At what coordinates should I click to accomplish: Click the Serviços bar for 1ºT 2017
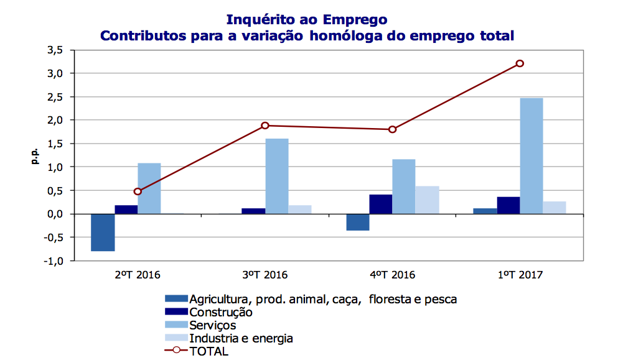[x=531, y=155]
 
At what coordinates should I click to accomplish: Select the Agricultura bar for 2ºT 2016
[x=103, y=232]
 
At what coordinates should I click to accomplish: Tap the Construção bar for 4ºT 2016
[x=380, y=204]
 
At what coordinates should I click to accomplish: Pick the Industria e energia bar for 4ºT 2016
[x=428, y=200]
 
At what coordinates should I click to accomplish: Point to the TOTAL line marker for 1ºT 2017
[x=520, y=63]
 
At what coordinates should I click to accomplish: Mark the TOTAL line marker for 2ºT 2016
[x=138, y=191]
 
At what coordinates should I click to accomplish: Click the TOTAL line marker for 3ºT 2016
[x=265, y=126]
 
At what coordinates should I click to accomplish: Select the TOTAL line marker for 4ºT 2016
[x=392, y=129]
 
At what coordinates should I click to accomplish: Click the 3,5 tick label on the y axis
[x=54, y=50]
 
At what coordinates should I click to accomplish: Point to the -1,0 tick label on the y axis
[x=53, y=261]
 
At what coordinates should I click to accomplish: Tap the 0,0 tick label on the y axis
[x=54, y=214]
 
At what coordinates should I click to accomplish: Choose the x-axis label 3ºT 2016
[x=265, y=275]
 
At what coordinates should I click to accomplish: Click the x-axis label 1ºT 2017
[x=520, y=275]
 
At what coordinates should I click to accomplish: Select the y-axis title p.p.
[x=35, y=155]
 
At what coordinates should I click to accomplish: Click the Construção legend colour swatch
[x=176, y=312]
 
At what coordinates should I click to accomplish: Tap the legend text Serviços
[x=213, y=325]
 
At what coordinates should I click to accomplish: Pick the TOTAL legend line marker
[x=176, y=351]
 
